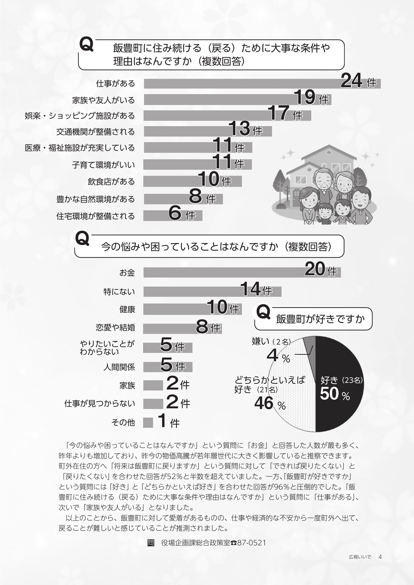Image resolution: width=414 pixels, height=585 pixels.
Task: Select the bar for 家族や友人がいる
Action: [x=219, y=100]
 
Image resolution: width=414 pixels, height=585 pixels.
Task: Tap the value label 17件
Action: [x=285, y=113]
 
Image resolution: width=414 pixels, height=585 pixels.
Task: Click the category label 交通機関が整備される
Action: [x=95, y=132]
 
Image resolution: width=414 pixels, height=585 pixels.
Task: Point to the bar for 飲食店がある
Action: [x=171, y=181]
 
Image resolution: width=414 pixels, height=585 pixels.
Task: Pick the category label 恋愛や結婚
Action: [x=115, y=327]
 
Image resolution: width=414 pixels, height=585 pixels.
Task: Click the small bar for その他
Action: [x=148, y=422]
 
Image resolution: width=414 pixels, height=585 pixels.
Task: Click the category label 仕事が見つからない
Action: [x=99, y=404]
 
